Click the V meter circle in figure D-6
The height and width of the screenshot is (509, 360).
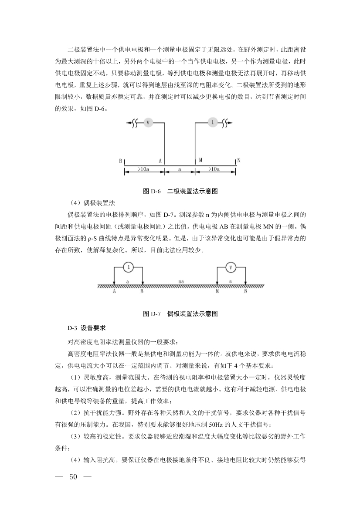point(148,123)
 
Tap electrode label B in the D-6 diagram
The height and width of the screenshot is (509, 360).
point(120,161)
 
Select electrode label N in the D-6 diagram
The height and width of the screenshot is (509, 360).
point(238,161)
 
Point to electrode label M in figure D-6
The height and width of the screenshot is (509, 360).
point(200,160)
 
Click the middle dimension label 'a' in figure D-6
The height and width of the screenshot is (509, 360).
point(180,168)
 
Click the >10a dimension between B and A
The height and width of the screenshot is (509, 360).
point(145,168)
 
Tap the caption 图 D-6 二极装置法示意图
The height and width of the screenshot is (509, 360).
point(180,191)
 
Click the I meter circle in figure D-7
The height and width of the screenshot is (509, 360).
point(129,267)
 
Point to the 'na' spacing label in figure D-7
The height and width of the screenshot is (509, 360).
point(180,282)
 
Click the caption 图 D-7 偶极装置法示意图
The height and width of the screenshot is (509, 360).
point(180,313)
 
